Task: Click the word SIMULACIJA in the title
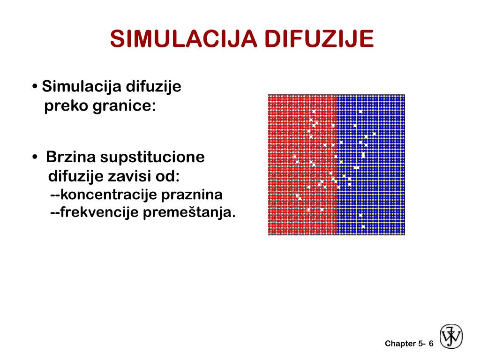pos(183,39)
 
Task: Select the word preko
pos(66,106)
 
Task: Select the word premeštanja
pos(189,213)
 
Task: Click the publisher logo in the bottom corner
pos(451,337)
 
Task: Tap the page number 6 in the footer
pos(431,344)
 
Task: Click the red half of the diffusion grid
pos(302,165)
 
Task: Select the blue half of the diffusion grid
pos(371,165)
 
